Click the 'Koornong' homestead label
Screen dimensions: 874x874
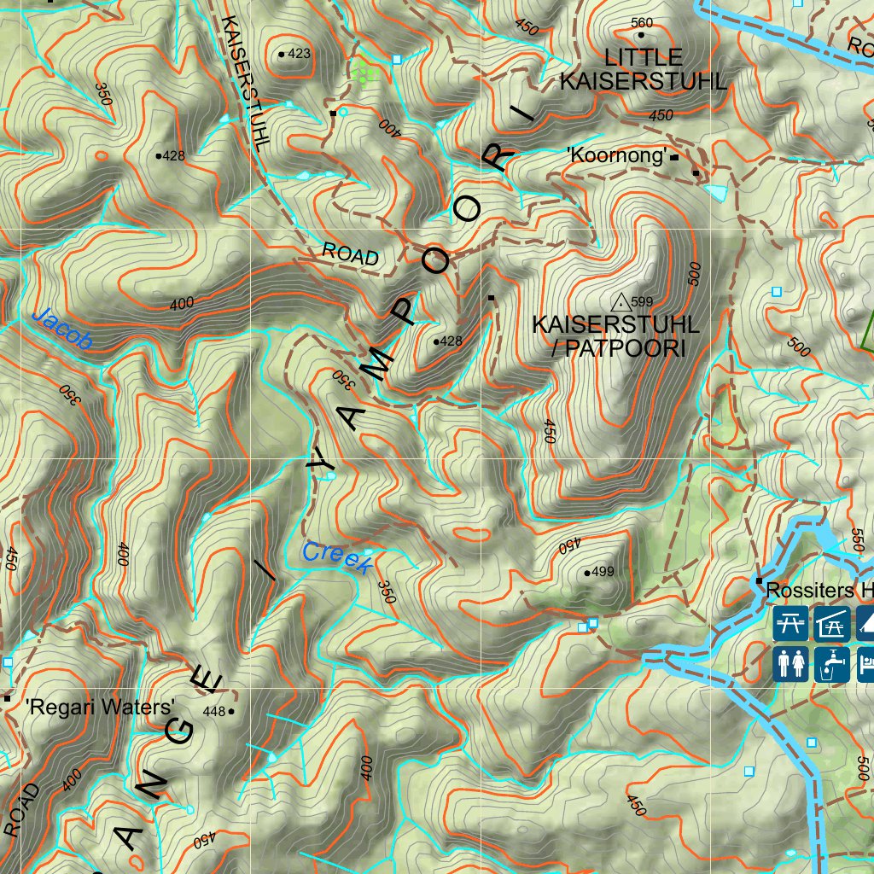(617, 156)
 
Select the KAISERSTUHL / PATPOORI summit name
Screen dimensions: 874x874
(615, 336)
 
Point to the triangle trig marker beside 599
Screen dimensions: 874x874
(621, 300)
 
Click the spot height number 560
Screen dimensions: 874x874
(640, 22)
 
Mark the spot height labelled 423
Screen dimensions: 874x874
(299, 54)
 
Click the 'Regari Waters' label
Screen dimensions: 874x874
(100, 707)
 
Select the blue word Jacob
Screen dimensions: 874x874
(61, 329)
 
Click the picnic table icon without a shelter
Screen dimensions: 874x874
(790, 624)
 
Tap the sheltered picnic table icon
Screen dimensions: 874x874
(830, 624)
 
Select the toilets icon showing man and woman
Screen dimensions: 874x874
(790, 664)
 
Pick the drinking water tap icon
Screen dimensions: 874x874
(830, 664)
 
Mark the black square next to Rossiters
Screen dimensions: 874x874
(759, 581)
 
